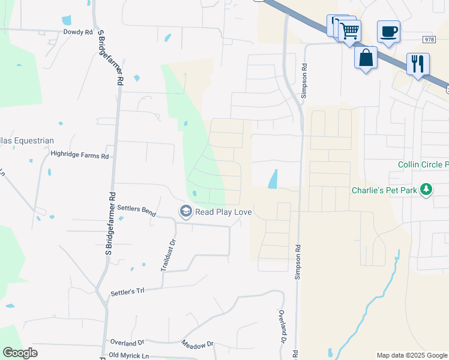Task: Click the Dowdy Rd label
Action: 78,32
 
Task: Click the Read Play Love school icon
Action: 186,211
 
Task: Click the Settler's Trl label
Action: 128,292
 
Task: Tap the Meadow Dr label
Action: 197,344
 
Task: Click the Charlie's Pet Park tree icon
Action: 426,190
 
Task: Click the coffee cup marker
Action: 388,31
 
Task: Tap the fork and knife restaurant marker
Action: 418,63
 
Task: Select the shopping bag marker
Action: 365,58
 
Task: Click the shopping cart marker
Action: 349,29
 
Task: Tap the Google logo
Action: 20,353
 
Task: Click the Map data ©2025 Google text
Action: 412,355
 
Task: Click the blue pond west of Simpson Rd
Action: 273,179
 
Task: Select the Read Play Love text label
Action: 223,212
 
